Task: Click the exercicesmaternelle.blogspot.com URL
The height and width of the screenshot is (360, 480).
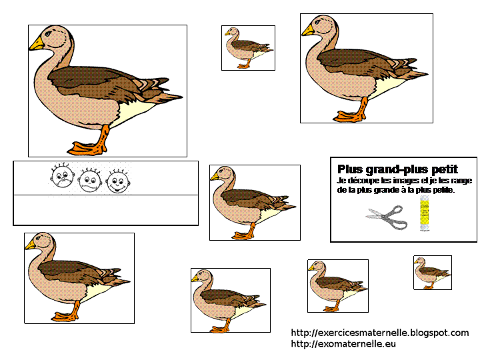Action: point(380,333)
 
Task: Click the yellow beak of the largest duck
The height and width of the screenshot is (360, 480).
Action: point(37,44)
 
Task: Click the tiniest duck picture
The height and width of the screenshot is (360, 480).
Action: point(432,272)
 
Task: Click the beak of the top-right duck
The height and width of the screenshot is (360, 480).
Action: point(308,30)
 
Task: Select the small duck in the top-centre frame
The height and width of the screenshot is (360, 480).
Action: point(248,47)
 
